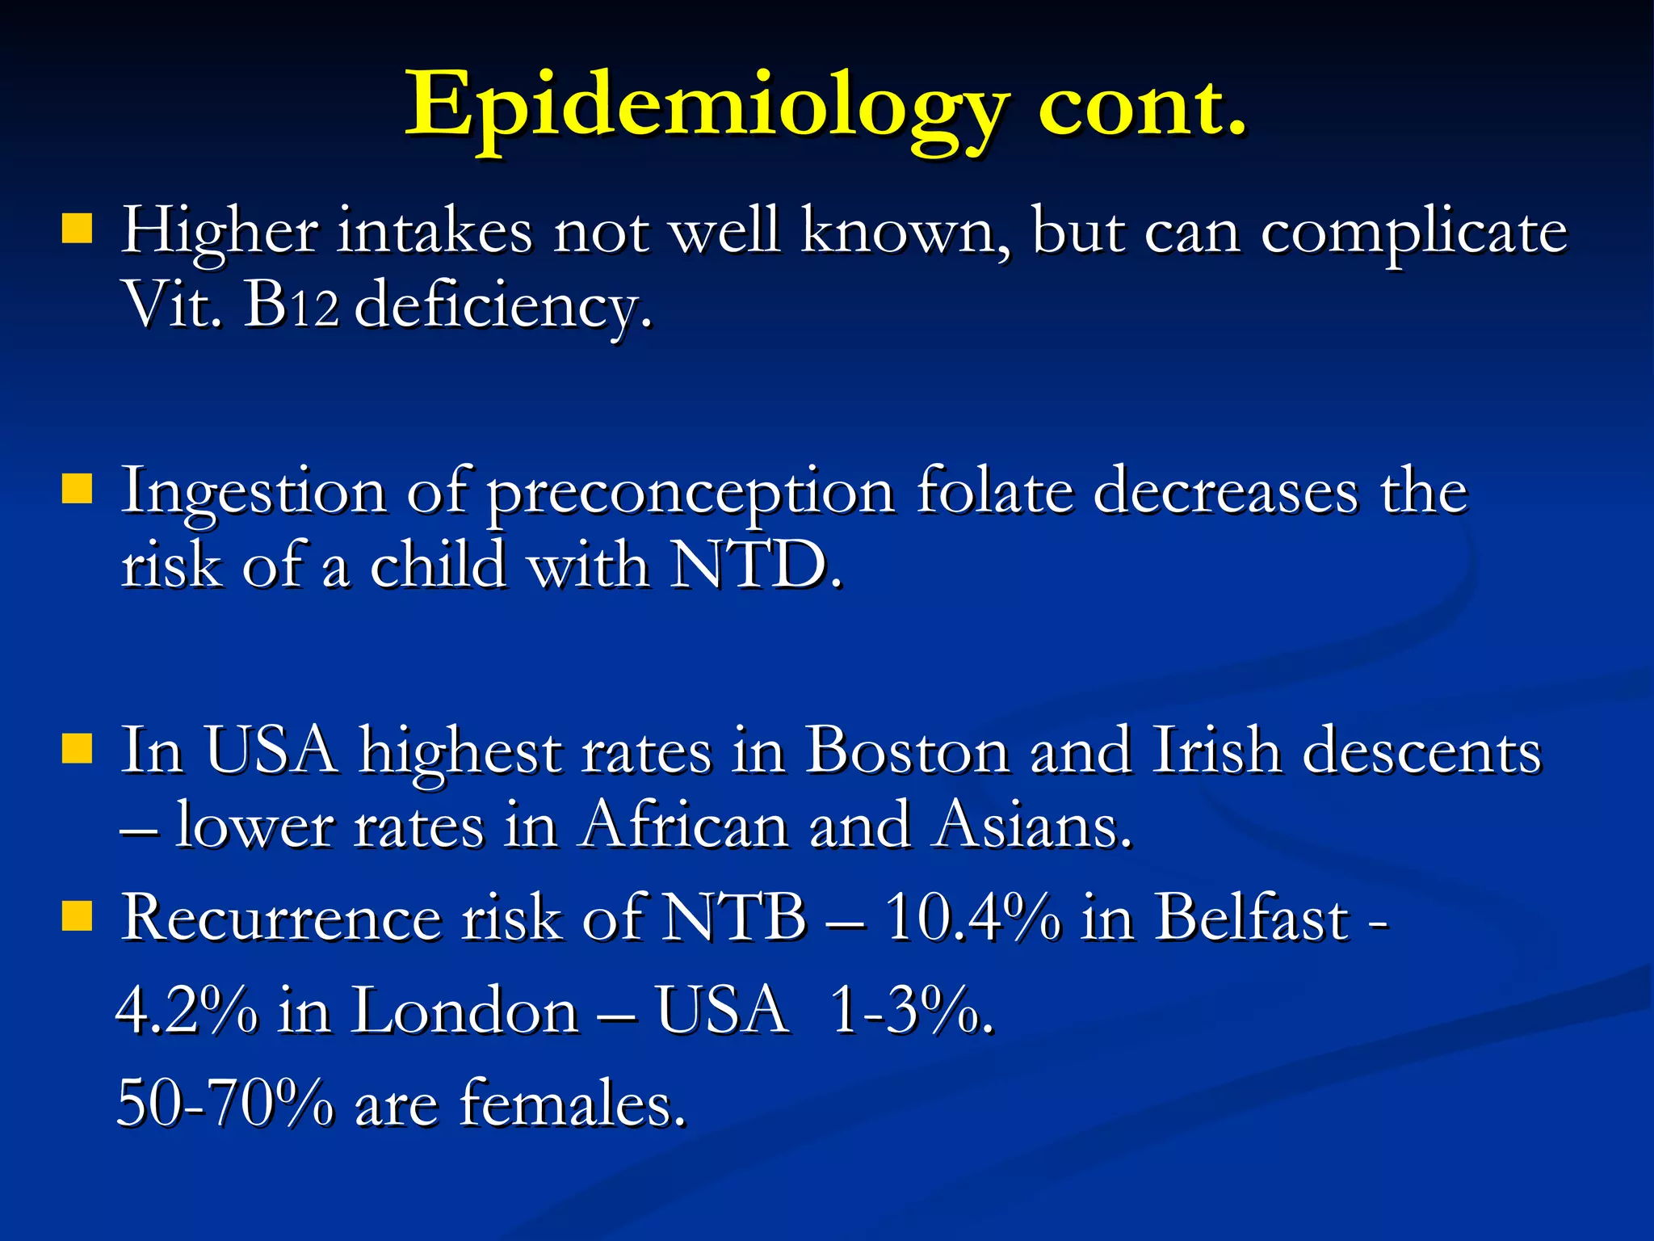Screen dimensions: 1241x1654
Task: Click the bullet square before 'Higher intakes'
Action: [77, 229]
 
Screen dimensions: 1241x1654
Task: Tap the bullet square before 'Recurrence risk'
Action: [77, 916]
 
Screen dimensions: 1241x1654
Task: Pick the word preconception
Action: [691, 493]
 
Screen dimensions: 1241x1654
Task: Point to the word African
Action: [683, 826]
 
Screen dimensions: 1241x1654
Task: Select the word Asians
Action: [1029, 826]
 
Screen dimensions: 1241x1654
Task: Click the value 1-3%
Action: [908, 1012]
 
